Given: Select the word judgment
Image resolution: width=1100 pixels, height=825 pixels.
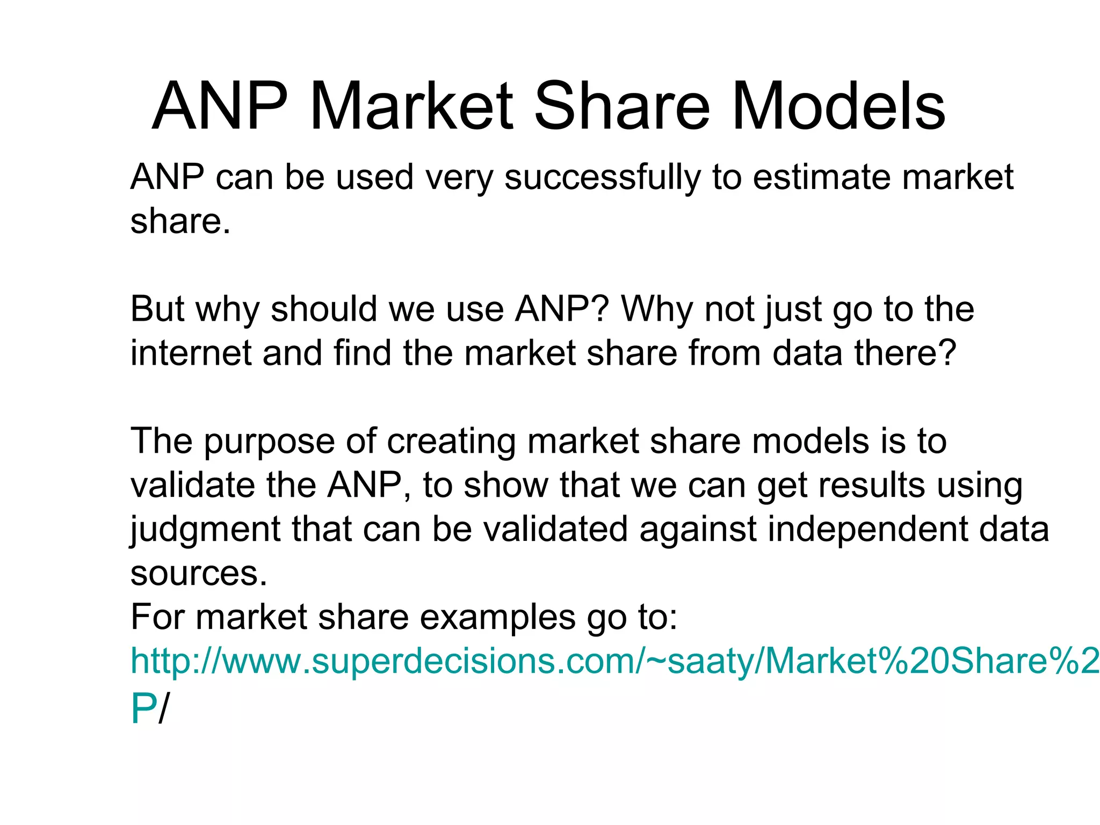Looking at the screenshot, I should (205, 530).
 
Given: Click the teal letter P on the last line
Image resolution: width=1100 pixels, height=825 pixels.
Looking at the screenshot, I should (143, 709).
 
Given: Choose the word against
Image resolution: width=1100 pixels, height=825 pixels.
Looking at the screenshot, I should (698, 530).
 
